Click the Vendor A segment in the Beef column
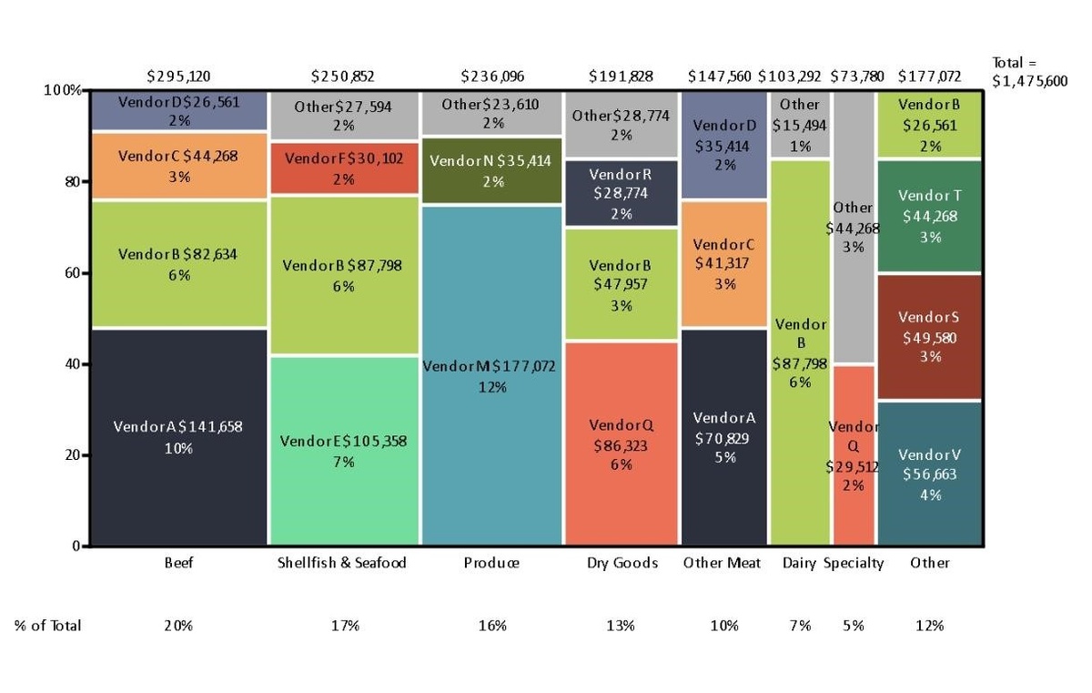pos(179,437)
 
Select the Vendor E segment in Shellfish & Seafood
pos(344,451)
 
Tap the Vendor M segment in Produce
pos(491,376)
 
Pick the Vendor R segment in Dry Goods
pos(622,193)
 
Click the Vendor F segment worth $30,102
pos(344,168)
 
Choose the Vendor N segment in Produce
pos(491,171)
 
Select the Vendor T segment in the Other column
pos(929,216)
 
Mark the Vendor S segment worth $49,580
pos(929,337)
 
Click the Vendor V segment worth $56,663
pos(929,474)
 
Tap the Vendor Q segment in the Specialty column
pos(854,455)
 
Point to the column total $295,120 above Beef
pos(179,76)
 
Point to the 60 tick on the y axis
pos(72,273)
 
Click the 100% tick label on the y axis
pos(63,90)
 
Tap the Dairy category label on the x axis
pos(799,563)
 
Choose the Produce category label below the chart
pos(491,563)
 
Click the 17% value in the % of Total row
pos(345,626)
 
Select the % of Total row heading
pos(47,626)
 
